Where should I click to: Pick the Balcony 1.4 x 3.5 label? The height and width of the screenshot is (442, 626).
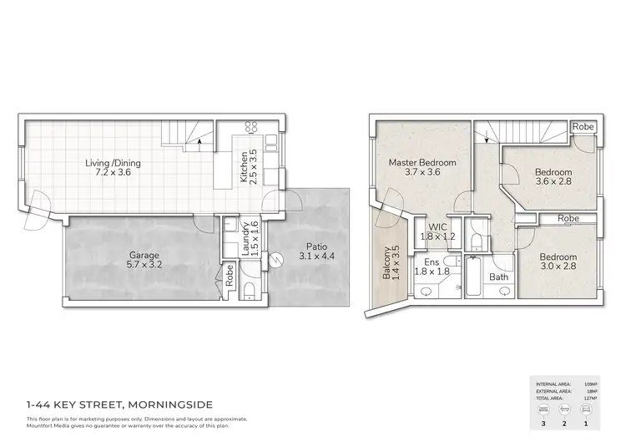[x=391, y=266]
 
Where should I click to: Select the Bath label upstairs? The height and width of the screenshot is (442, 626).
[x=498, y=277]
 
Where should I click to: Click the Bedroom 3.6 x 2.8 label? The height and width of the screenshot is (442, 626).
[x=554, y=179]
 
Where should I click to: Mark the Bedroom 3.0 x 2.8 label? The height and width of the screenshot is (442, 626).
[x=558, y=262]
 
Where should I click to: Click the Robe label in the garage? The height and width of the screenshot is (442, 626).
[x=230, y=276]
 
